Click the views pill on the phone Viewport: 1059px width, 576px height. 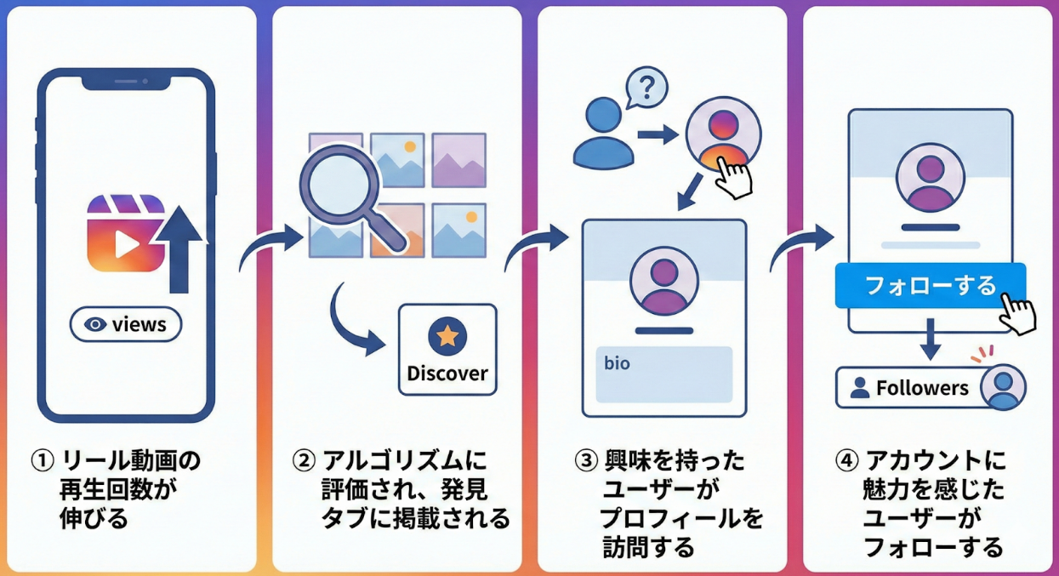(x=126, y=324)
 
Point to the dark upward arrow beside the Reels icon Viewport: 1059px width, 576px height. (x=181, y=248)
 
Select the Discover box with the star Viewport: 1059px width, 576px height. (x=447, y=350)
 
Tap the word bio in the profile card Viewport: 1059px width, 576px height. (x=617, y=363)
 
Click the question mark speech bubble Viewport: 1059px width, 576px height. (x=646, y=87)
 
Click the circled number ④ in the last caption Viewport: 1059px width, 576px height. (x=845, y=461)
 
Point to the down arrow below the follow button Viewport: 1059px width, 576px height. (x=931, y=339)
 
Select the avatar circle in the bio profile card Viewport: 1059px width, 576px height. (x=663, y=281)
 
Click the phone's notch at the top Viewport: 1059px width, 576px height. (x=126, y=82)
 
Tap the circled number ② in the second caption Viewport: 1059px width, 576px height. (x=304, y=461)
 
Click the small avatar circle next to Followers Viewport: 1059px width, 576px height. (x=1004, y=387)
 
